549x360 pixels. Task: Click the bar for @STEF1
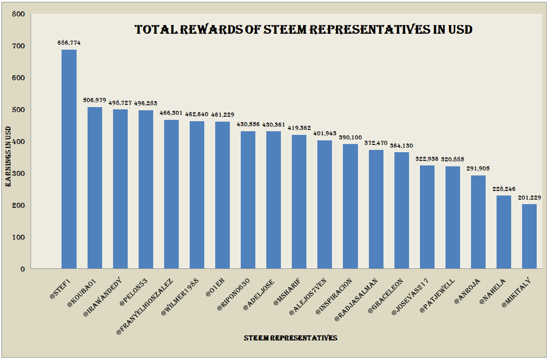(x=69, y=159)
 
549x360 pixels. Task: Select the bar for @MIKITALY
(x=529, y=237)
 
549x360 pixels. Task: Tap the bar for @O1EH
(x=223, y=195)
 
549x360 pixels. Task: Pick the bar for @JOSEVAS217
(x=427, y=217)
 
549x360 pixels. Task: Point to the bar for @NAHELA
(x=504, y=232)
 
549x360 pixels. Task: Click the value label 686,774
(x=69, y=43)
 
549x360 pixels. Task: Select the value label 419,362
(x=299, y=128)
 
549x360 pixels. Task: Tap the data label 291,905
(x=478, y=169)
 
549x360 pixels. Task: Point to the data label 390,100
(x=350, y=138)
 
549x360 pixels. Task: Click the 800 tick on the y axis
(x=18, y=14)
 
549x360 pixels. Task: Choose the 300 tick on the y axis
(x=18, y=173)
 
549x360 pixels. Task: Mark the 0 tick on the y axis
(x=22, y=269)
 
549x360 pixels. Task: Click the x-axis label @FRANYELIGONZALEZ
(x=145, y=306)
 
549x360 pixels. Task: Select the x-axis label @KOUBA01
(x=82, y=293)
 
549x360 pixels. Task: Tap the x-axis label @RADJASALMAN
(x=356, y=299)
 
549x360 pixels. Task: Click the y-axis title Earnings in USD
(x=8, y=156)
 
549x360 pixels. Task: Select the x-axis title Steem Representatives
(x=290, y=338)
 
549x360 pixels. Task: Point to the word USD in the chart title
(x=460, y=30)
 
